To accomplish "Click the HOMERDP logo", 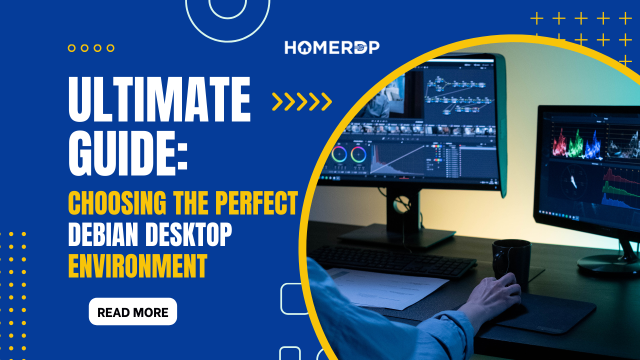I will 332,47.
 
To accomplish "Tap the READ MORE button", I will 133,312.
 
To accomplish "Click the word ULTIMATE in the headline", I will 159,100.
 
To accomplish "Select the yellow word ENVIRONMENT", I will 137,266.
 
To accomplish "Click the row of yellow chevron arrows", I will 302,101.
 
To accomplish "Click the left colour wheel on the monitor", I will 339,154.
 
